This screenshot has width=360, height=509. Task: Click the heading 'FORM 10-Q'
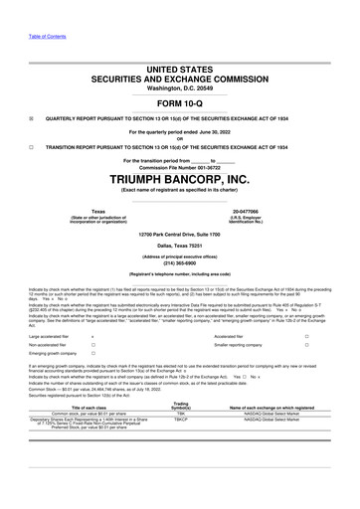coord(180,103)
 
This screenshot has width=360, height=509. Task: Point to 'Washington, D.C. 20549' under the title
coord(180,86)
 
